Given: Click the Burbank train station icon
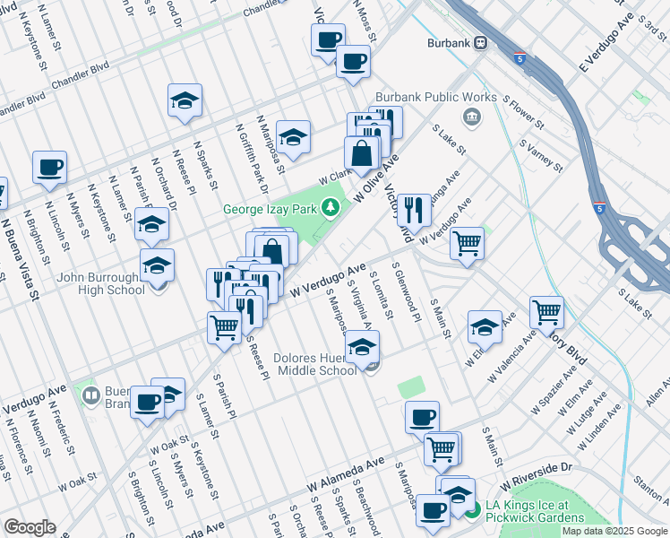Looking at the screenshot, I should coord(481,42).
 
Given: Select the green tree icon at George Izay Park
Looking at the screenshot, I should coord(332,209).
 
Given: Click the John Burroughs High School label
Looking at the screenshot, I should coord(100,282).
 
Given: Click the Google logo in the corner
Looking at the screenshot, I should coord(30,527).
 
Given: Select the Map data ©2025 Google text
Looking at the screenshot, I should coord(614,531).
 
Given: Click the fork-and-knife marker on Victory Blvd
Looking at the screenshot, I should coord(414,209).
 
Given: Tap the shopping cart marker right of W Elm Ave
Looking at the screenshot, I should coord(546,312).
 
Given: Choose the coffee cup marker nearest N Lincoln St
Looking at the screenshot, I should coord(49,166).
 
